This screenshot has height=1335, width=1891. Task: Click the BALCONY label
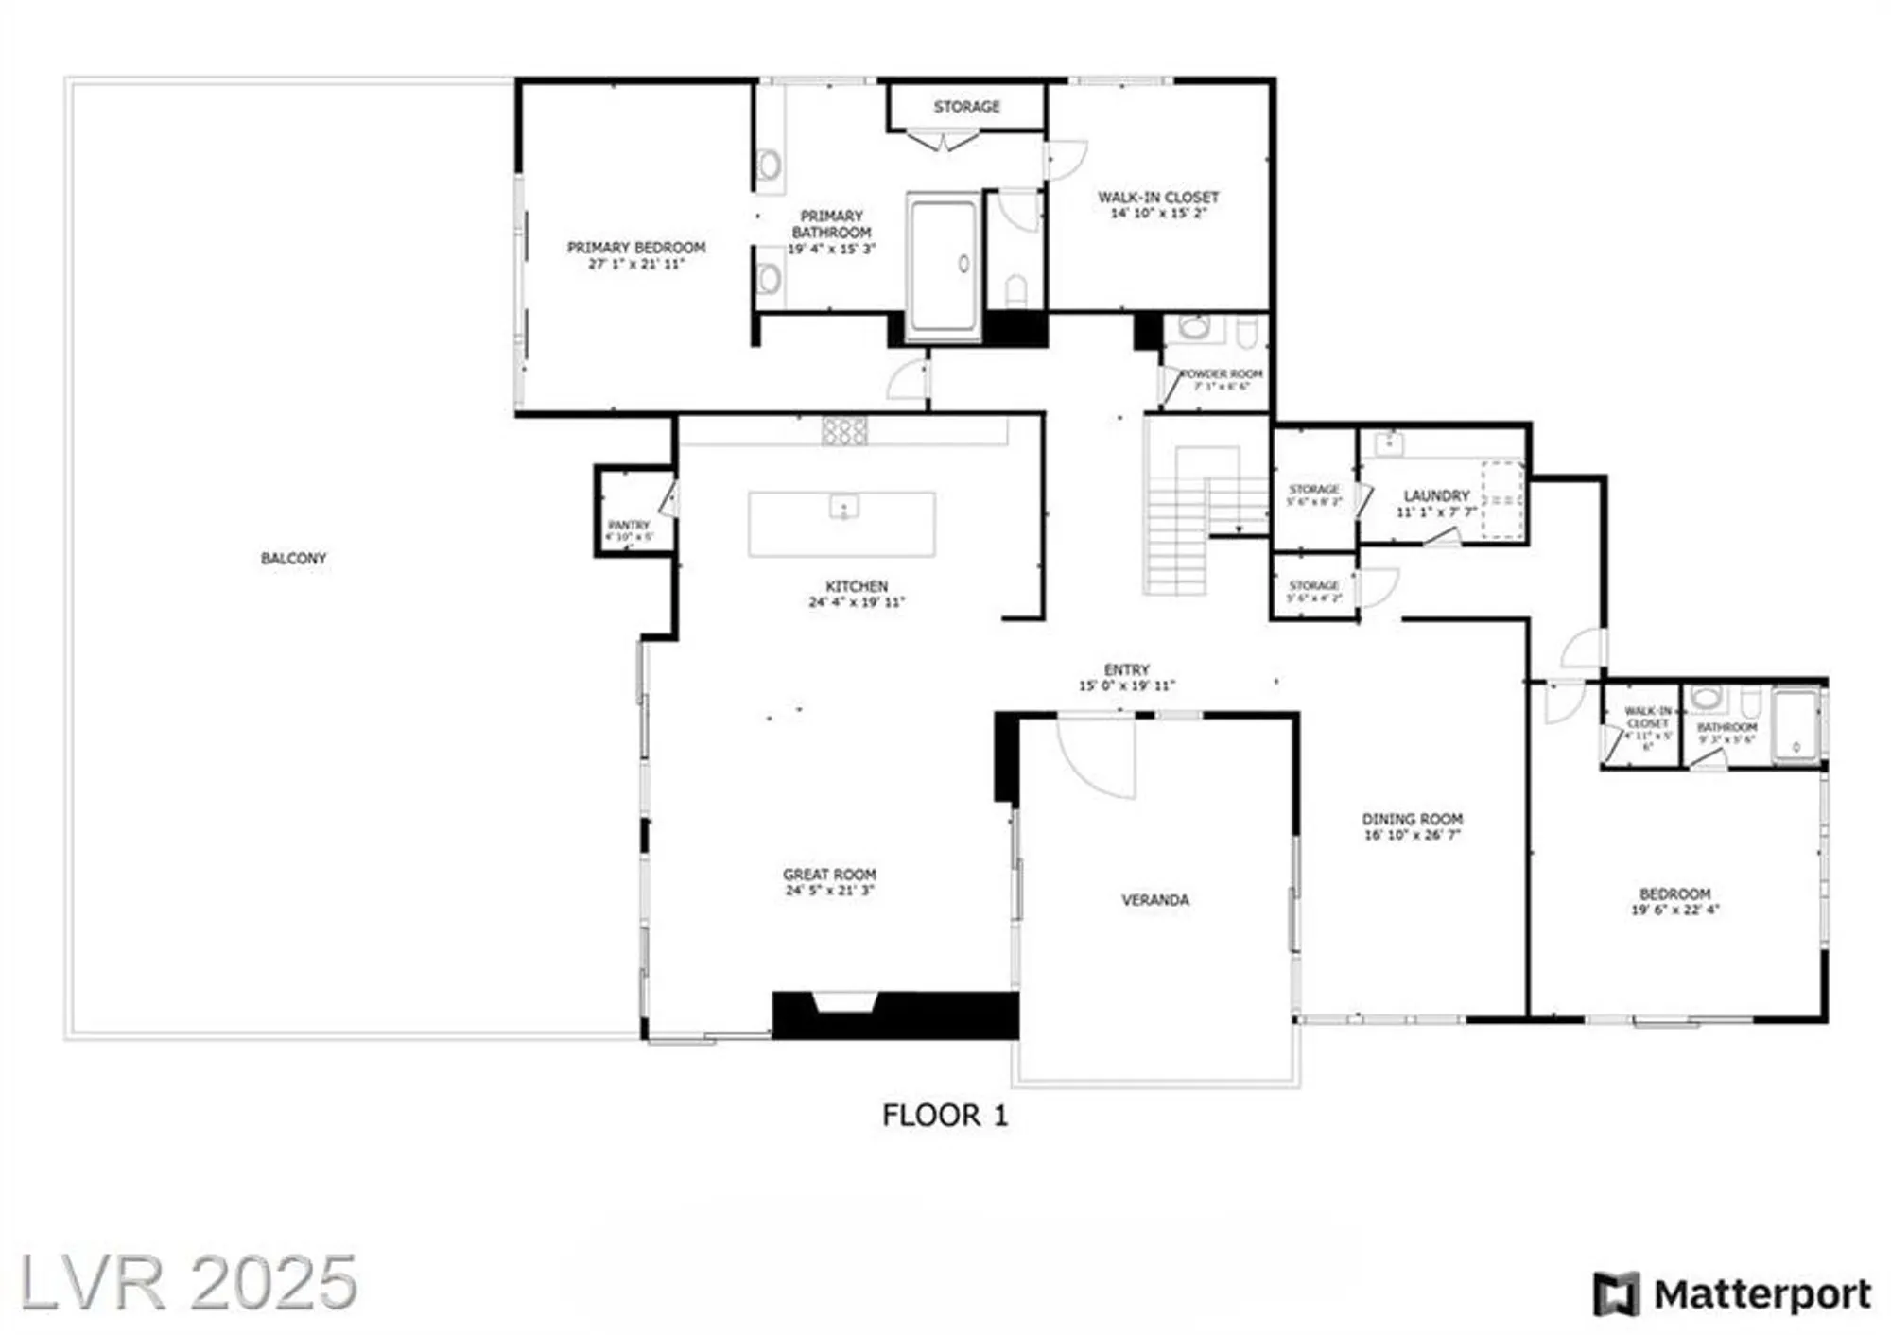coord(293,559)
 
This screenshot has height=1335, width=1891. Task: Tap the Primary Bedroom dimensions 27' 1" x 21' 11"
coord(636,265)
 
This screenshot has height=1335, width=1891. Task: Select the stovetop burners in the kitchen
coord(844,431)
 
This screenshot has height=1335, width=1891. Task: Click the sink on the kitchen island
coord(843,508)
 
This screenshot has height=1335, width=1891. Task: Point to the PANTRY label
coord(629,525)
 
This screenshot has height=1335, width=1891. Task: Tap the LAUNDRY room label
coord(1436,495)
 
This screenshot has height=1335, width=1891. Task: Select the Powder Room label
coord(1222,374)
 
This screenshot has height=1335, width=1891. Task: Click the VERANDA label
coord(1155,900)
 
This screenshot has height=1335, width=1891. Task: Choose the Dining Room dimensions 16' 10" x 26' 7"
coord(1413,836)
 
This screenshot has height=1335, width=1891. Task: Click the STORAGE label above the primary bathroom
coord(966,107)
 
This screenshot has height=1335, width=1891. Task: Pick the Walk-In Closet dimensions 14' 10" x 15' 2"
coord(1158,214)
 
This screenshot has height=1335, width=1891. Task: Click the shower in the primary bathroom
coord(943,265)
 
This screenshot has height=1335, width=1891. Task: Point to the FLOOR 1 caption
coord(945,1116)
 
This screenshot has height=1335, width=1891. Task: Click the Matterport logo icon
coord(1616,1293)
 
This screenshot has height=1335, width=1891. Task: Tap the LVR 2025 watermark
coord(189,1282)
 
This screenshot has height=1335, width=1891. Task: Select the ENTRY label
coord(1126,669)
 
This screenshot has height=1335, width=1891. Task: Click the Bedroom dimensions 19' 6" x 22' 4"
coord(1674,910)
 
